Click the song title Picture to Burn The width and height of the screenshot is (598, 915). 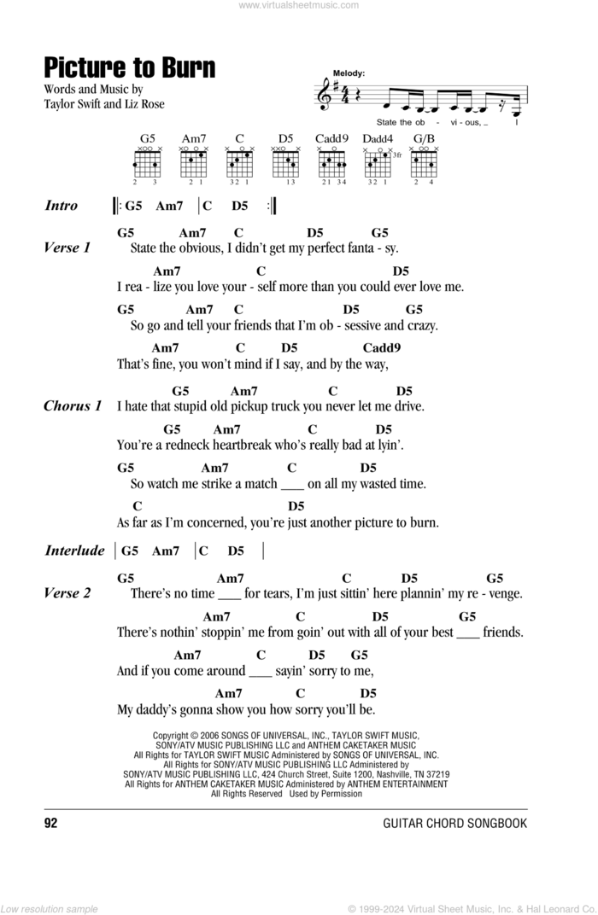point(129,67)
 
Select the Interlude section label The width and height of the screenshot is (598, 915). point(74,551)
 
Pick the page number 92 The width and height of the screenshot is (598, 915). point(50,823)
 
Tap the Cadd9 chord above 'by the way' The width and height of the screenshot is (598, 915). point(381,347)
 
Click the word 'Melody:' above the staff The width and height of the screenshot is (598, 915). point(349,74)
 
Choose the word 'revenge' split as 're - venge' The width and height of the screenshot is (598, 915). point(493,593)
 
